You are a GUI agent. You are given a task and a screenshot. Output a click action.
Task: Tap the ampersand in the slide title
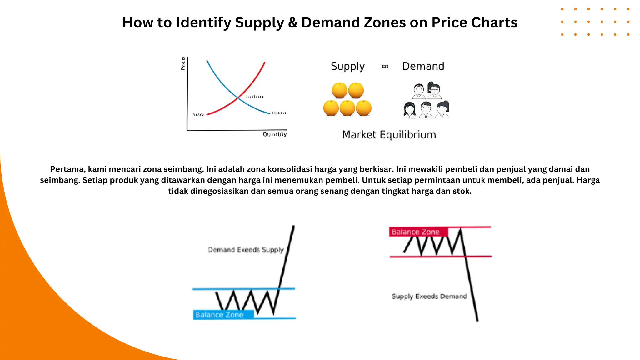[293, 23]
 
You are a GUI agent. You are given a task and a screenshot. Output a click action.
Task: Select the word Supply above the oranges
[347, 67]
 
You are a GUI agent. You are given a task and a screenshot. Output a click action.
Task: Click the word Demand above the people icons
[423, 66]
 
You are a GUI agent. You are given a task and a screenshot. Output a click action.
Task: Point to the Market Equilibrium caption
[389, 135]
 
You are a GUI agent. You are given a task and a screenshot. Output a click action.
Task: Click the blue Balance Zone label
[219, 315]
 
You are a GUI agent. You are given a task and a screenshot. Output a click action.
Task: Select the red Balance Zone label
[416, 232]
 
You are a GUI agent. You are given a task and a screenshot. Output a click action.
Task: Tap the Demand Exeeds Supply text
[246, 250]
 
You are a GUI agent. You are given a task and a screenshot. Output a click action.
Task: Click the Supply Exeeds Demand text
[429, 296]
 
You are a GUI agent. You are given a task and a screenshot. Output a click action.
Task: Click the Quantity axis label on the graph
[275, 134]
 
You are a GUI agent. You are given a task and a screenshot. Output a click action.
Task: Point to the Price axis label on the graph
[183, 64]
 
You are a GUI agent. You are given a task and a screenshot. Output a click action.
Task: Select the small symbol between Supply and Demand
[385, 67]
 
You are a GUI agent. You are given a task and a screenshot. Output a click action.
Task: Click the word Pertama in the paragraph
[67, 169]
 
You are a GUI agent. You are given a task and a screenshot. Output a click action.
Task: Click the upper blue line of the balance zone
[237, 289]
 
